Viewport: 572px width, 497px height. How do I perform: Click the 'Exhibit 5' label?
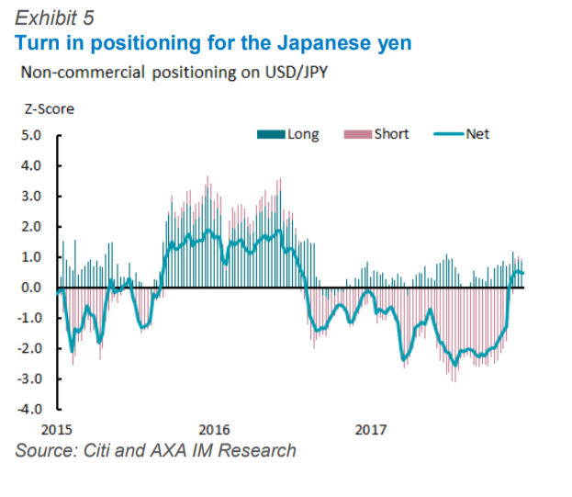tap(54, 17)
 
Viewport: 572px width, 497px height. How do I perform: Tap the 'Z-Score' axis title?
tap(49, 108)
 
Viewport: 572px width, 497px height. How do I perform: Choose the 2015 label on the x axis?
tap(57, 429)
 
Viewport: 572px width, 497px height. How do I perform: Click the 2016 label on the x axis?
tap(214, 429)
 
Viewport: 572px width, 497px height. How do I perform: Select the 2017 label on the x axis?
tap(370, 429)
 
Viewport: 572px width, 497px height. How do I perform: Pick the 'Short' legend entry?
tap(391, 134)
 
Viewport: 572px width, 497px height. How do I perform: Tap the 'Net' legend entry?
tap(477, 134)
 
